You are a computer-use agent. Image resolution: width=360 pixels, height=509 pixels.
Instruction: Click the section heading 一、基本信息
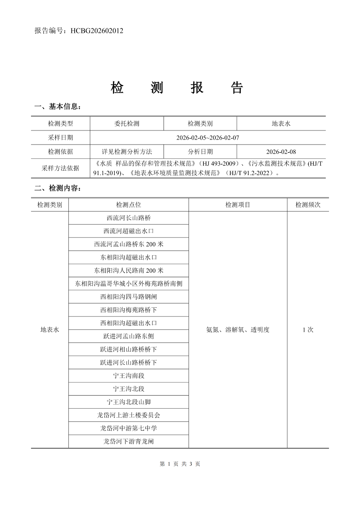coord(58,107)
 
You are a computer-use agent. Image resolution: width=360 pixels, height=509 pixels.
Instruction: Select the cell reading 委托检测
coord(127,123)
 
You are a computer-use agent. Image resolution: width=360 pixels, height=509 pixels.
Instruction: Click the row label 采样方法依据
coord(60,168)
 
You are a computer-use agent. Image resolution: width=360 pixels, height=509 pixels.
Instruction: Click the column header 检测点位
coord(129,205)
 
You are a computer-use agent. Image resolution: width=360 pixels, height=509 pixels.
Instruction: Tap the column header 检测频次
coord(308,205)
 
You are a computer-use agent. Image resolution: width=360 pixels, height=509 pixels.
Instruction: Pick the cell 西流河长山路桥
coord(129,218)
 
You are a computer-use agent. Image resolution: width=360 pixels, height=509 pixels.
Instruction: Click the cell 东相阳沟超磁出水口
coord(129,257)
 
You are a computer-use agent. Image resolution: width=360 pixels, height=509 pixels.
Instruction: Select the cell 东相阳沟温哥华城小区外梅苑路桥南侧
coord(129,284)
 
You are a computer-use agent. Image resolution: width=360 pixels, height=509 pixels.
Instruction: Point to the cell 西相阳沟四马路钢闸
coord(129,297)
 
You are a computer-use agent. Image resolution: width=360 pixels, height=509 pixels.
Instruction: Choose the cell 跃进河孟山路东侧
coord(129,336)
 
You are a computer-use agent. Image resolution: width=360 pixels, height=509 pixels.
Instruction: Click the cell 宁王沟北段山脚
coord(129,402)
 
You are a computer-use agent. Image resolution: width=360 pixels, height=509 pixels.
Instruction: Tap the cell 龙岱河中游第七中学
coord(129,428)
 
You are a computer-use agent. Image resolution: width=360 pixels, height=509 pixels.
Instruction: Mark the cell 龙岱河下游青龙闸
coord(129,441)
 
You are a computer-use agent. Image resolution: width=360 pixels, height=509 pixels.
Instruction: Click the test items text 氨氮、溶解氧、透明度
coord(238,330)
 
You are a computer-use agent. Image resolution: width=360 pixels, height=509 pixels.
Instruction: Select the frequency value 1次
coord(308,330)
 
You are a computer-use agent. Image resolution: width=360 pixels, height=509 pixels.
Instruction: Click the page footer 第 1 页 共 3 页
coord(180,464)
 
